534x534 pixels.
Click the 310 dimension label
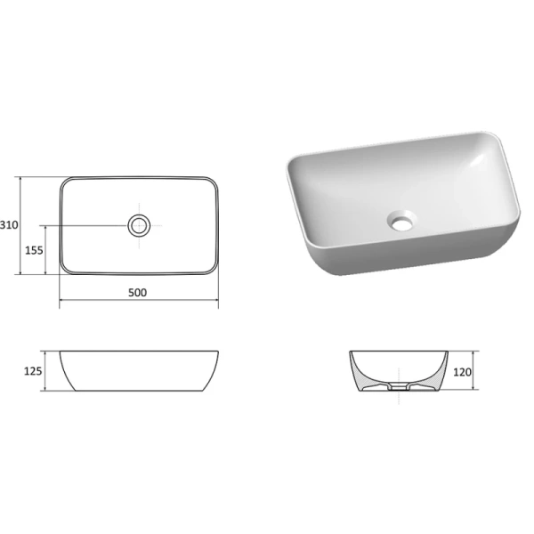coord(9,225)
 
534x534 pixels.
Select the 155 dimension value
coord(32,250)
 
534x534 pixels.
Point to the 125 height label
coord(32,370)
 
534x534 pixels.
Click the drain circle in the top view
coord(140,225)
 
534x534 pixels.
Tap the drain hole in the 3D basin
coord(402,219)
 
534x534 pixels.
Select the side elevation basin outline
coord(140,371)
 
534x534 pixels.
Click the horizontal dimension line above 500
coord(139,303)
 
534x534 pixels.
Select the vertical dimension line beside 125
coord(50,371)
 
